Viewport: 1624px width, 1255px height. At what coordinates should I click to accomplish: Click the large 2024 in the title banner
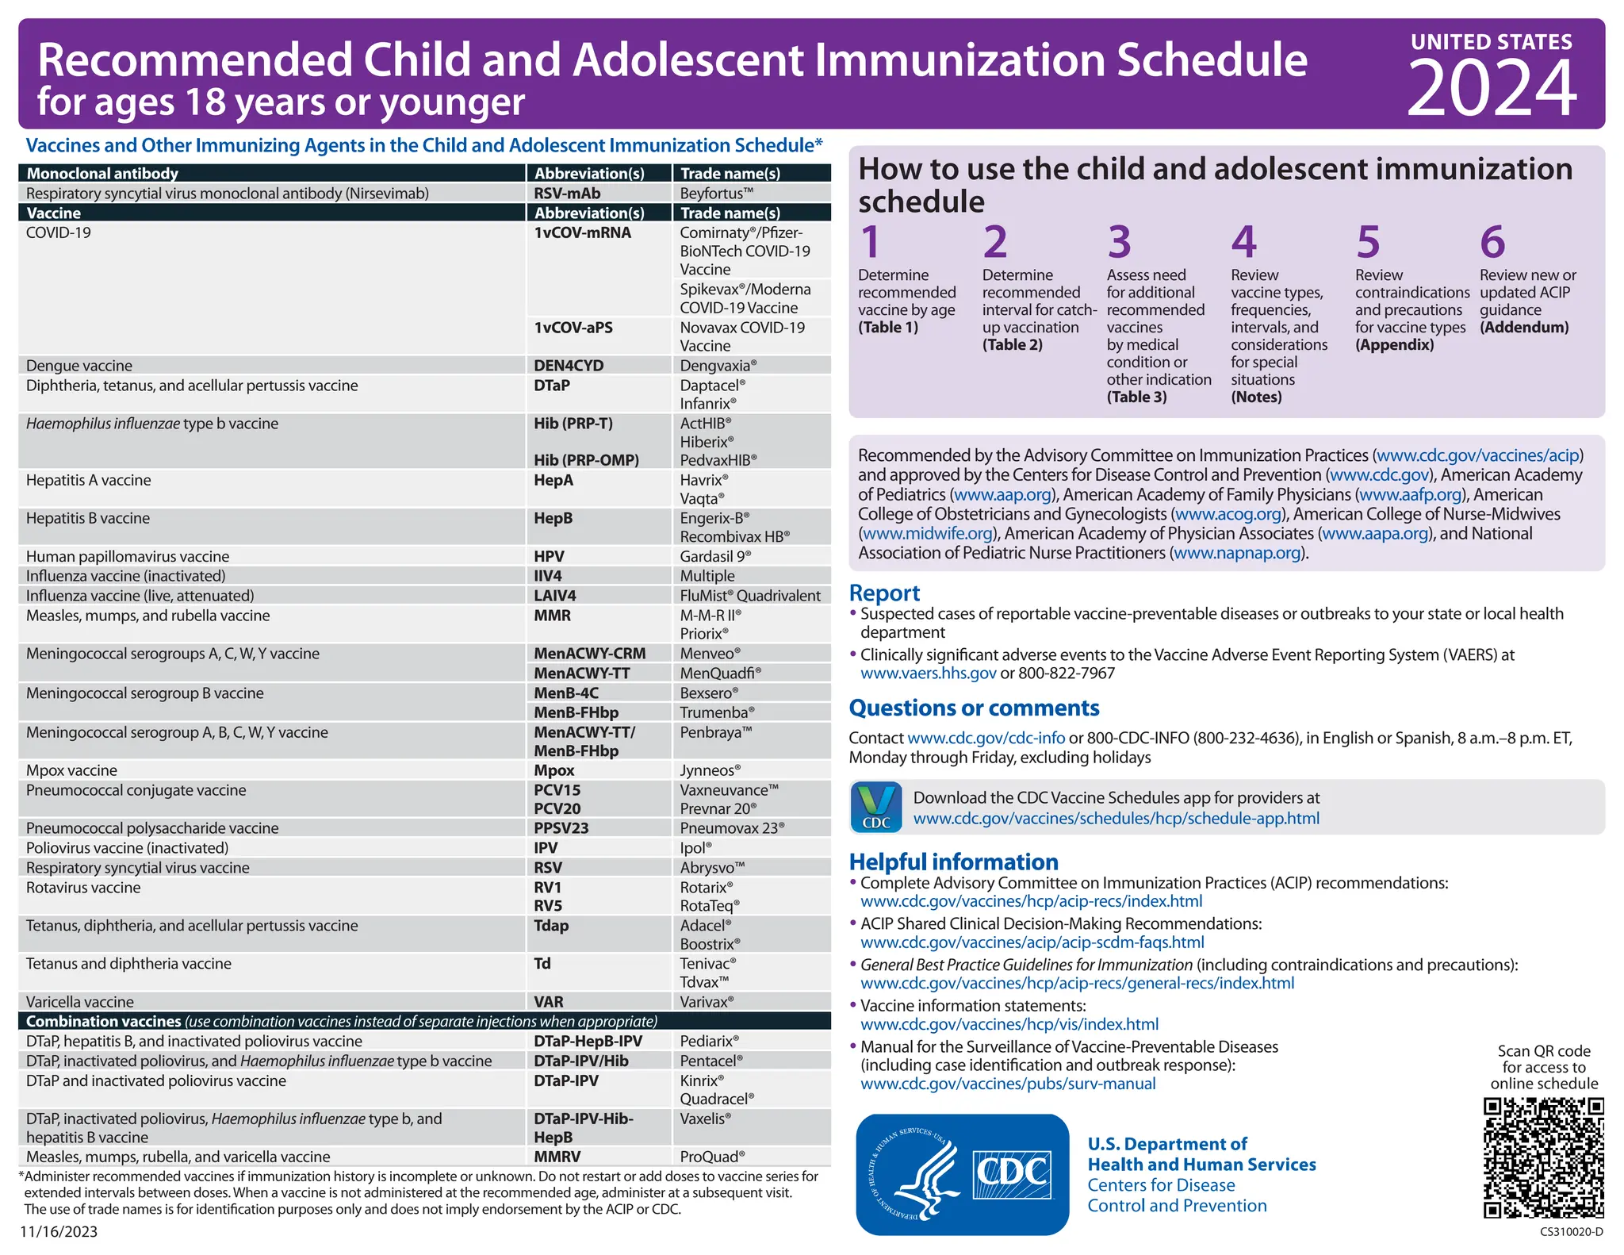(x=1492, y=89)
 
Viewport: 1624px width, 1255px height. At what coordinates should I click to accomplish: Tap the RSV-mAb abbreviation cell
(x=567, y=194)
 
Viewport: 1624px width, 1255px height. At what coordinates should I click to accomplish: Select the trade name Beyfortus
(x=716, y=194)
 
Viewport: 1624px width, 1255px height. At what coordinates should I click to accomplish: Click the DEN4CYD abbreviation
(x=569, y=366)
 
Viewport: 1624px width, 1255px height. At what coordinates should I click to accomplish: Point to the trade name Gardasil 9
(x=715, y=556)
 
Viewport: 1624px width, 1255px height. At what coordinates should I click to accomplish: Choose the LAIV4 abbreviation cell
(x=555, y=596)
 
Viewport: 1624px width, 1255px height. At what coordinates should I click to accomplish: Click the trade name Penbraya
(x=715, y=732)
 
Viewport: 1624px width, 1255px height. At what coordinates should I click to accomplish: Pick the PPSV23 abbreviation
(x=561, y=828)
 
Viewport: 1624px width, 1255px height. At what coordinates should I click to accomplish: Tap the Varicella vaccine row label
(x=80, y=1002)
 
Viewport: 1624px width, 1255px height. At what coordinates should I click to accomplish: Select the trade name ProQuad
(x=712, y=1157)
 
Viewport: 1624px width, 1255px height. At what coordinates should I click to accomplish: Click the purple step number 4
(x=1243, y=242)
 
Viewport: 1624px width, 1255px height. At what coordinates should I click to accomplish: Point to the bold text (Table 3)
(x=1136, y=397)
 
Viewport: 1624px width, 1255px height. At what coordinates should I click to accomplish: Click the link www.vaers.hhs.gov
(x=928, y=674)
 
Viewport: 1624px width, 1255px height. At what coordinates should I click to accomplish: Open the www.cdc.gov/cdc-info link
(x=986, y=738)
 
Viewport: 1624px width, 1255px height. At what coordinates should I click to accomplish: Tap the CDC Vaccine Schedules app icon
(x=876, y=808)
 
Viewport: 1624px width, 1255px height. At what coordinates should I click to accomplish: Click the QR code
(x=1543, y=1157)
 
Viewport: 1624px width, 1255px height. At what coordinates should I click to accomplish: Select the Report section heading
(x=884, y=593)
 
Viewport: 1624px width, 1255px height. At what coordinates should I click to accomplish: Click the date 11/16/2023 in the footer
(x=59, y=1232)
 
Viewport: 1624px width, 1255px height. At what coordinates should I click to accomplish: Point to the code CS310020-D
(x=1571, y=1232)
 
